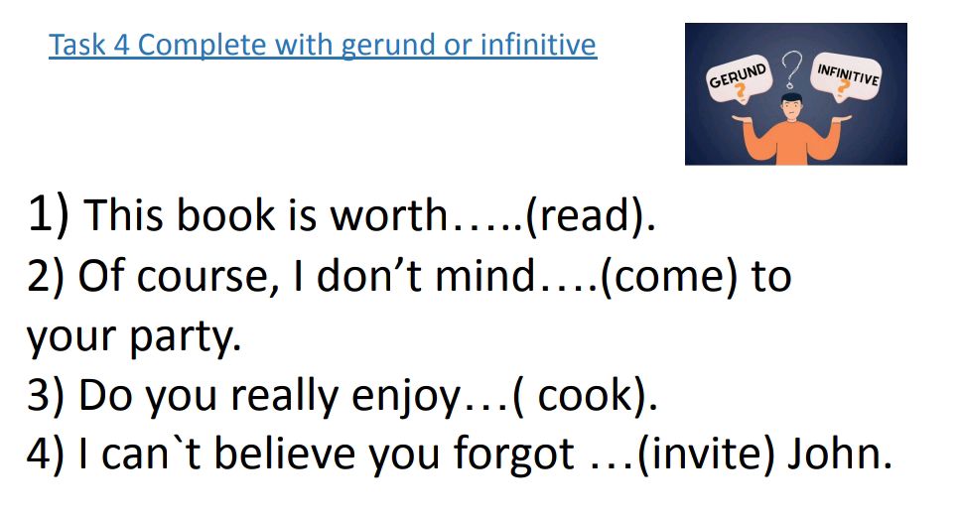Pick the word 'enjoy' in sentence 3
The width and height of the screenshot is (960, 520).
pyautogui.click(x=408, y=395)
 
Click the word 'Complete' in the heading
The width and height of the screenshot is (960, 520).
pyautogui.click(x=190, y=46)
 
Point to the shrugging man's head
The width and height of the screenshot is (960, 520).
pyautogui.click(x=791, y=107)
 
